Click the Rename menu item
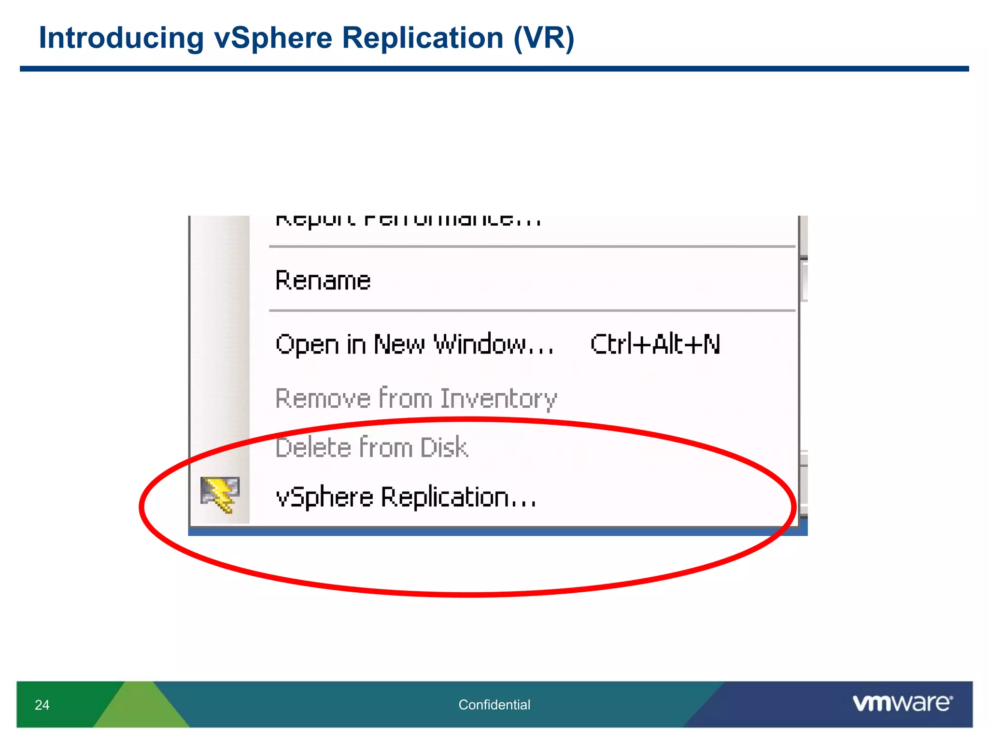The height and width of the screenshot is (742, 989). coord(323,280)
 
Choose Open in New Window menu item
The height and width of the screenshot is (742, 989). coord(414,344)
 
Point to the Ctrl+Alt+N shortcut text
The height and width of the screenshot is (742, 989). coord(655,344)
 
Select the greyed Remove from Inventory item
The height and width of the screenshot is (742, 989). coord(416,399)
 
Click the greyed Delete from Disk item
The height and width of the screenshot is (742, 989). coord(371,447)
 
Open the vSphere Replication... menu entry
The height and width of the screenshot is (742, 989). coord(406,497)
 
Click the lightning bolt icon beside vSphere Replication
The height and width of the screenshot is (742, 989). coord(220,494)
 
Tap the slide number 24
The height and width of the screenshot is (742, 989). coord(42,705)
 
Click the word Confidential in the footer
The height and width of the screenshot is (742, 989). coord(494,705)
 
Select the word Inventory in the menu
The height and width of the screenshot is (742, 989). coord(498,399)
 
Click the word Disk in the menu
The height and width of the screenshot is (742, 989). coord(444,447)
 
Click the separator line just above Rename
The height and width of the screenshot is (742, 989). coord(531,247)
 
